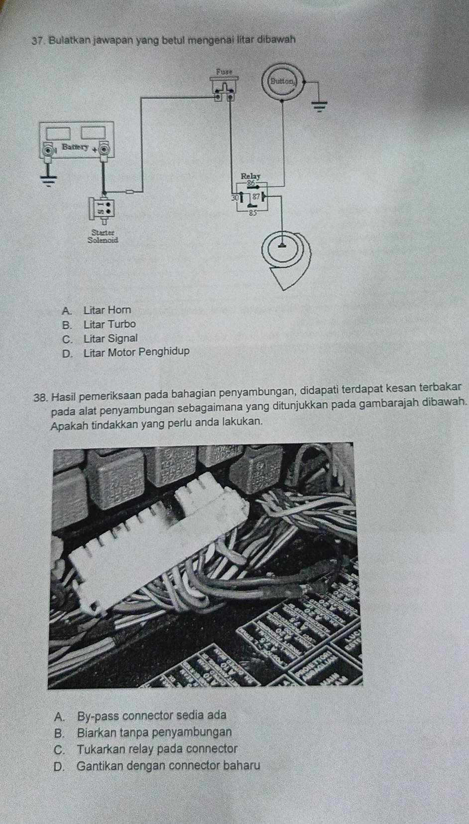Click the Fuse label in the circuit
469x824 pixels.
tap(225, 72)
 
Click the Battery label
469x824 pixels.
tap(75, 147)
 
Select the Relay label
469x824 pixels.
tap(250, 176)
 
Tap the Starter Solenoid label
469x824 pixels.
tap(103, 236)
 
